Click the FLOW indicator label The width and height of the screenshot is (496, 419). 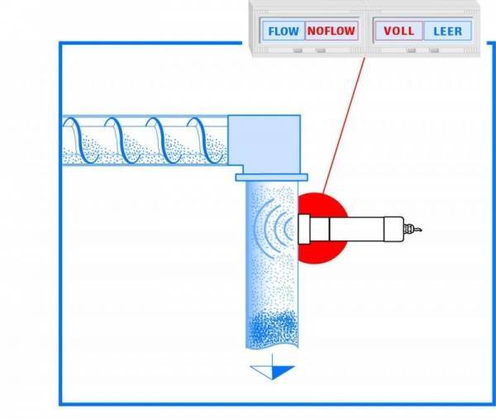[284, 31]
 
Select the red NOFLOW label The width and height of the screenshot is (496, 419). [331, 31]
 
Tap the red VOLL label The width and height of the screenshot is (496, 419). [399, 31]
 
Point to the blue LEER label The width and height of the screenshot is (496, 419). [447, 31]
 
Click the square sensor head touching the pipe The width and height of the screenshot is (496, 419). [303, 229]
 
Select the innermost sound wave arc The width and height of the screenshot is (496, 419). [288, 228]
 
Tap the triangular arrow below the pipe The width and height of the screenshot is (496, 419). [272, 370]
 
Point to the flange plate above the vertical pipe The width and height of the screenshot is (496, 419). [271, 177]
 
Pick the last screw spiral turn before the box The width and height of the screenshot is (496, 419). [205, 140]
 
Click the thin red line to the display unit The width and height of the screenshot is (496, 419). [344, 126]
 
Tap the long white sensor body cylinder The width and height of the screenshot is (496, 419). [357, 229]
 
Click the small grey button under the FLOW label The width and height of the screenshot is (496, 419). [298, 50]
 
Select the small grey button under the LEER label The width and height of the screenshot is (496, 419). [434, 50]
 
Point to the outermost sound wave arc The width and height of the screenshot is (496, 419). [257, 228]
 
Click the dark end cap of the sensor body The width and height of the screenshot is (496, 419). [393, 229]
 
